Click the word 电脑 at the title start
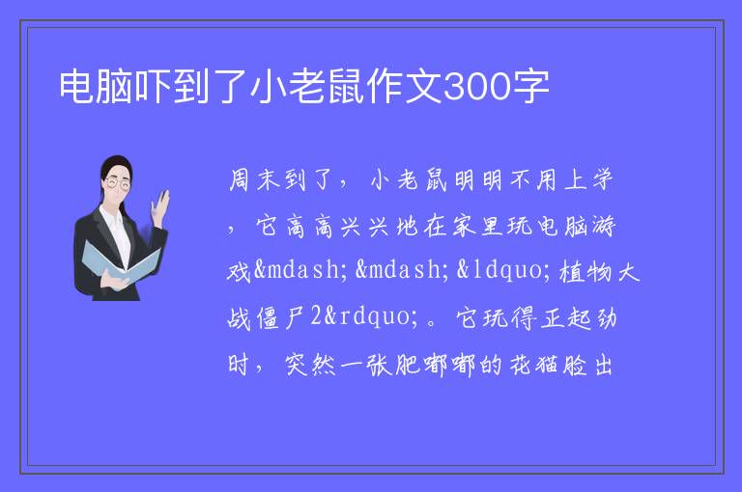click(x=96, y=87)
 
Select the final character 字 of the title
click(x=531, y=87)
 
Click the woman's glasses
click(x=117, y=183)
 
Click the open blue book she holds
click(x=121, y=262)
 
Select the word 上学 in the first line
click(x=589, y=180)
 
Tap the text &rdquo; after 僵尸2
click(x=371, y=316)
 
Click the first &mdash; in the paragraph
click(x=300, y=270)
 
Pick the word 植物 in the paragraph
click(x=585, y=272)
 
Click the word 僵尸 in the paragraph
click(x=281, y=317)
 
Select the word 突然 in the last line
click(x=310, y=365)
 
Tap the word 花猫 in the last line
click(x=533, y=365)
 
